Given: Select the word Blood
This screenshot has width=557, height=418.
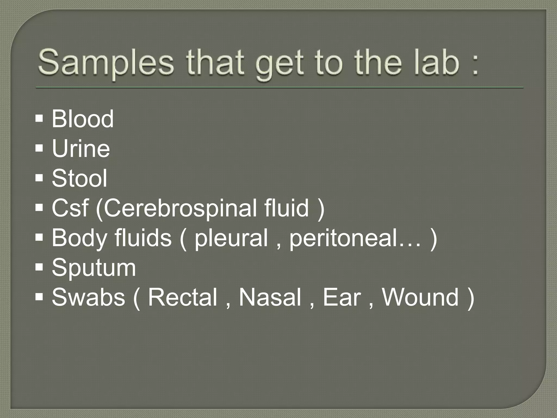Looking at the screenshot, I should click(82, 119).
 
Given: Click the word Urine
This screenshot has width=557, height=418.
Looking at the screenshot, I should click(81, 149).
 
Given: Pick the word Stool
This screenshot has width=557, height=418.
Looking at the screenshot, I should click(79, 178).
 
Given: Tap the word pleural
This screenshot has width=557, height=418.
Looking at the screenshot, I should click(231, 238).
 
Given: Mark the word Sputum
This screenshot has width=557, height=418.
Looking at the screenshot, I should click(94, 268).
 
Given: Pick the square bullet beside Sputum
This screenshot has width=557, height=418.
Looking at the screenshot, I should click(39, 268).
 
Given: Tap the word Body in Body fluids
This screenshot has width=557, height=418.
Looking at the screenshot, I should click(79, 238).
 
